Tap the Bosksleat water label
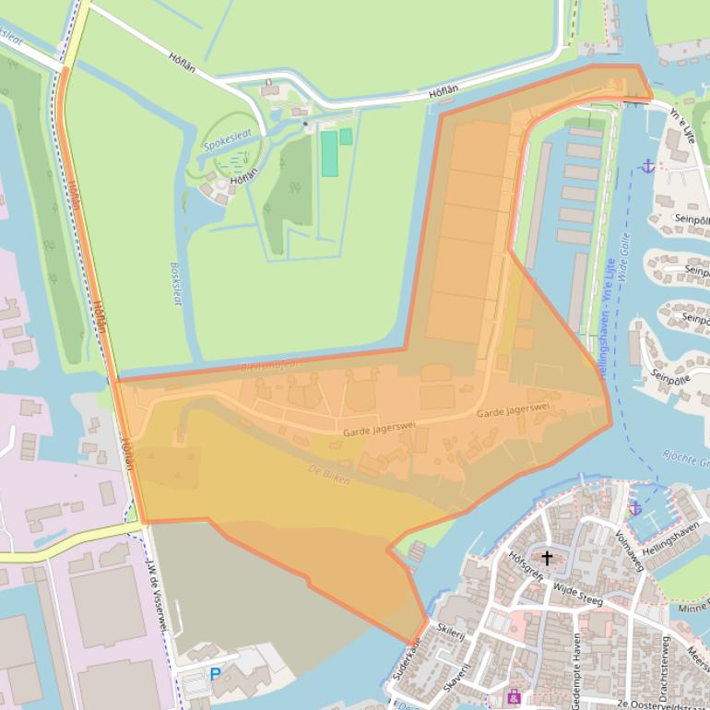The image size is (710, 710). pos(176,283)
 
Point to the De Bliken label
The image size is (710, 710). pos(329,475)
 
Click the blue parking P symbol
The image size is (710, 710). pos(216,674)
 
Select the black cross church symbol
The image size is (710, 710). pos(548,558)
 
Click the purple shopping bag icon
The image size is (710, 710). pos(514,697)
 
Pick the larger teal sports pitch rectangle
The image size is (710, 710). pos(329,153)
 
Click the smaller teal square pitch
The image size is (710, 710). pos(346,136)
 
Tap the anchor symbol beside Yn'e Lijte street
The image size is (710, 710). pos(647,166)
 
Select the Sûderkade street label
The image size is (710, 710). pos(407,660)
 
